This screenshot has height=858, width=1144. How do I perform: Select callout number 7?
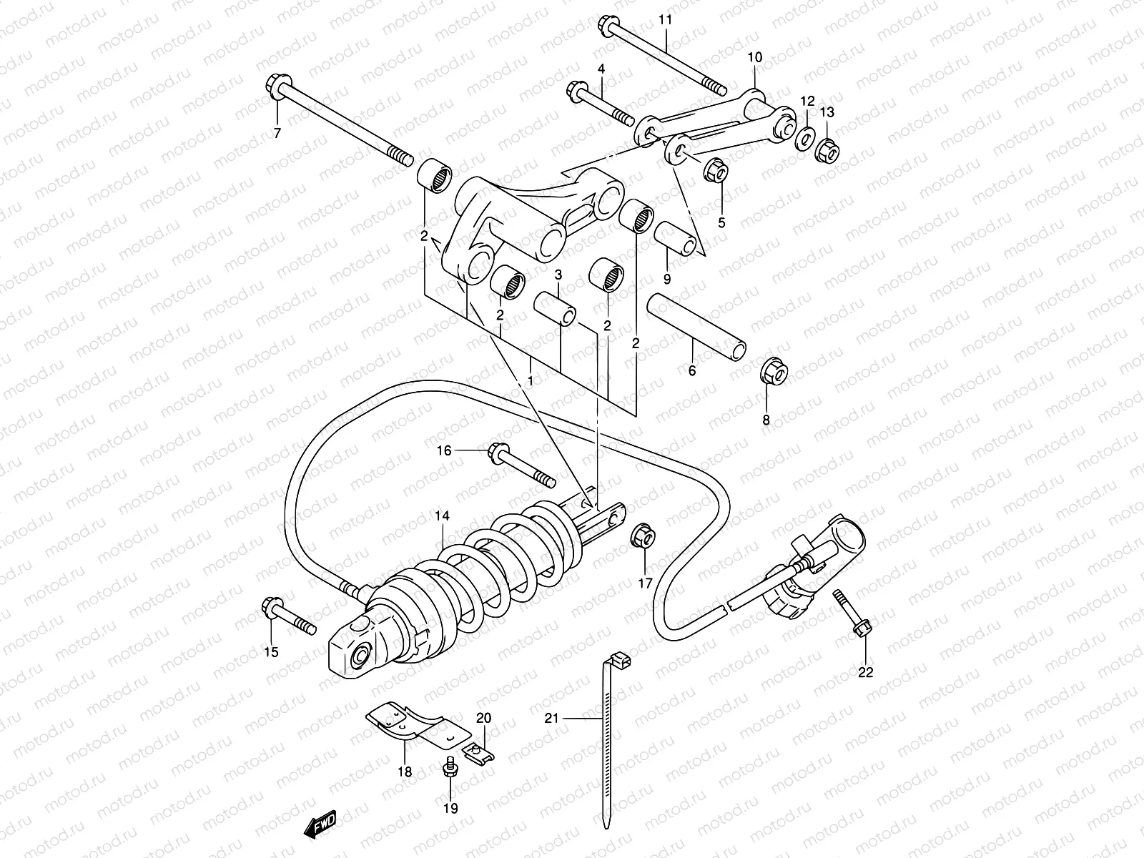tap(277, 132)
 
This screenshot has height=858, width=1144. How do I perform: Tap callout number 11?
tap(666, 19)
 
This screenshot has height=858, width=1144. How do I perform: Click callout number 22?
tap(865, 672)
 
